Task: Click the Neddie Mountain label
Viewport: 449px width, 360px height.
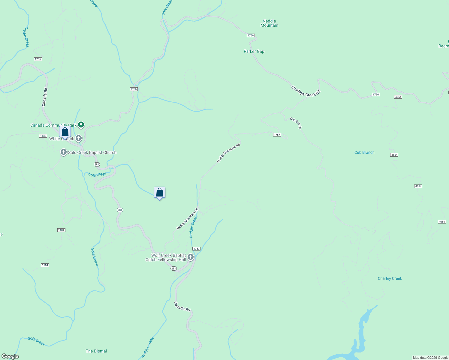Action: click(x=269, y=23)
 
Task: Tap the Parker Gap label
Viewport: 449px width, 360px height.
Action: click(x=254, y=51)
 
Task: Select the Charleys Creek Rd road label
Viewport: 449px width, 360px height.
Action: click(x=306, y=91)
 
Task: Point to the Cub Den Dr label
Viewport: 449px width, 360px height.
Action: click(x=296, y=123)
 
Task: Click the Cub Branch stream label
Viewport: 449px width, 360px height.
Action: click(x=364, y=152)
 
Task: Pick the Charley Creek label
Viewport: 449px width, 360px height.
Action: click(x=390, y=278)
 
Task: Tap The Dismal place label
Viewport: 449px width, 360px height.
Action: click(x=96, y=351)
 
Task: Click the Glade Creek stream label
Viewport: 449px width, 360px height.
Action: click(x=26, y=37)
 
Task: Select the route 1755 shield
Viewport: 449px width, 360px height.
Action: click(x=38, y=59)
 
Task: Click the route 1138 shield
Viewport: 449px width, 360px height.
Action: click(x=43, y=136)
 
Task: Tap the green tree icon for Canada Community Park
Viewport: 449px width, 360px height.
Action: click(x=81, y=124)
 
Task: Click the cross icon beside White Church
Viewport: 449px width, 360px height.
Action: click(x=78, y=138)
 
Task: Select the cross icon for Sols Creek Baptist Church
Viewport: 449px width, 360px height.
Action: click(x=63, y=152)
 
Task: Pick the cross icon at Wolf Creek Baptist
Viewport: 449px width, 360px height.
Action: click(x=190, y=257)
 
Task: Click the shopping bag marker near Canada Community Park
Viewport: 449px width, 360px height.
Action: click(x=65, y=132)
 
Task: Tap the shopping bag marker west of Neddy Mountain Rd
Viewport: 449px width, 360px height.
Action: click(x=159, y=193)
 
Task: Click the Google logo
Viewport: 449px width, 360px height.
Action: click(x=10, y=356)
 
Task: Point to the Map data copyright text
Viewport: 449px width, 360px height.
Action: click(x=430, y=358)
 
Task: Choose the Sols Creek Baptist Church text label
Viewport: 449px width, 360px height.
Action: click(x=92, y=152)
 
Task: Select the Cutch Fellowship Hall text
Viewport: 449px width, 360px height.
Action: click(x=166, y=260)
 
